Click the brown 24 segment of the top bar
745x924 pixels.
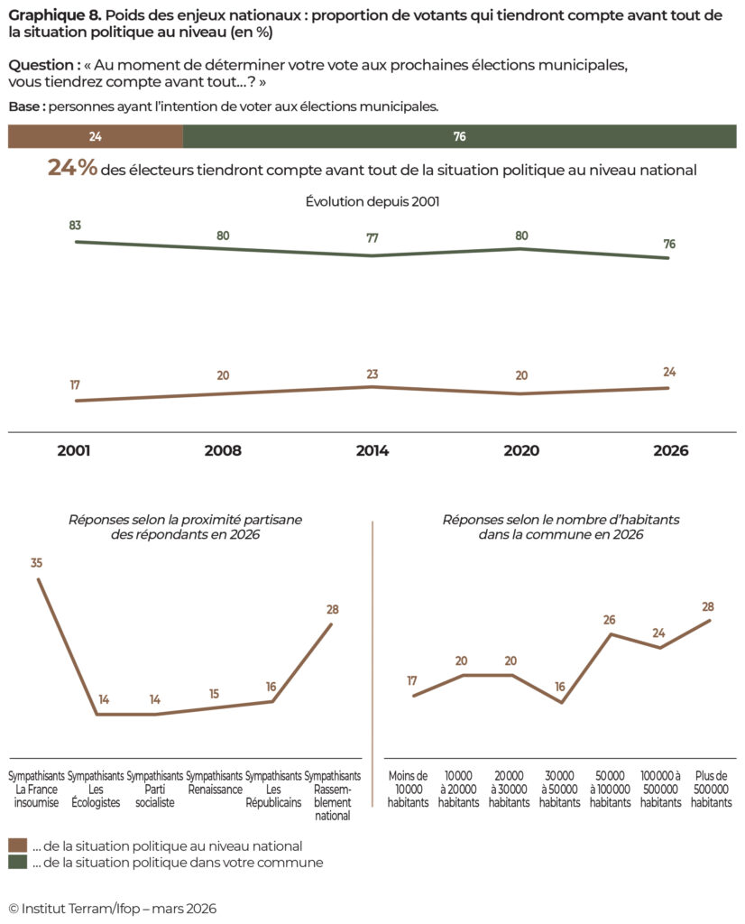tap(95, 136)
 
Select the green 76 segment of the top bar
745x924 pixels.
tap(459, 136)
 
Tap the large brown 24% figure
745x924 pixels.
tap(72, 168)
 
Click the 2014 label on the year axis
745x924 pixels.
tap(372, 450)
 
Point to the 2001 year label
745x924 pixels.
tap(74, 450)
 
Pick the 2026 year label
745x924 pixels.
tap(669, 450)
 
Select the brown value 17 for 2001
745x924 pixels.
tap(75, 385)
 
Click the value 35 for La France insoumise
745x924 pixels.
tap(37, 563)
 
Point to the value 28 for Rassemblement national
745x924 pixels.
tap(331, 609)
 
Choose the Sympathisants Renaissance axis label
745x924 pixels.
tap(214, 782)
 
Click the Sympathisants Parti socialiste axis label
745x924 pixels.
tap(155, 789)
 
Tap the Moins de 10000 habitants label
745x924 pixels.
tap(409, 789)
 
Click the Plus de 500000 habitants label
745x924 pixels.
tap(712, 789)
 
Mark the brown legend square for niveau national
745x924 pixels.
tap(18, 845)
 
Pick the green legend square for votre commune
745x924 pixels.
tap(18, 863)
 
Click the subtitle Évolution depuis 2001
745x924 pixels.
tap(372, 202)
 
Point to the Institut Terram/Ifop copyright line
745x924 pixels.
tap(113, 908)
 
